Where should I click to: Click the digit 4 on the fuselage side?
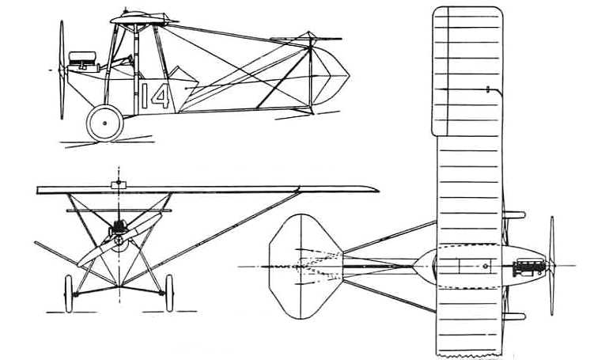[x=161, y=96]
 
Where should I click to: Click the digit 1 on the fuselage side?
[x=145, y=96]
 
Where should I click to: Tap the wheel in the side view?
[x=105, y=123]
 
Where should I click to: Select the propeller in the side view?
[x=62, y=70]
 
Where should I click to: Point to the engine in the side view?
[x=82, y=62]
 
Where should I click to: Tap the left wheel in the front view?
[x=69, y=294]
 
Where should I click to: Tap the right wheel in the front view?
[x=169, y=294]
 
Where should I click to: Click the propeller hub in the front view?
[x=119, y=241]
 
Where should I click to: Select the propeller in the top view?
[x=552, y=266]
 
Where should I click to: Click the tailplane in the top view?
[x=306, y=267]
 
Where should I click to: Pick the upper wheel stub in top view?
[x=514, y=214]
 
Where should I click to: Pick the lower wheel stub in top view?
[x=514, y=316]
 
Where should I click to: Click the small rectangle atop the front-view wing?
[x=119, y=185]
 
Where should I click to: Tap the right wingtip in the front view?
[x=376, y=190]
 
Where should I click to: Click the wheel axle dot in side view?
[x=105, y=123]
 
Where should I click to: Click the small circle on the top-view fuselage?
[x=485, y=266]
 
